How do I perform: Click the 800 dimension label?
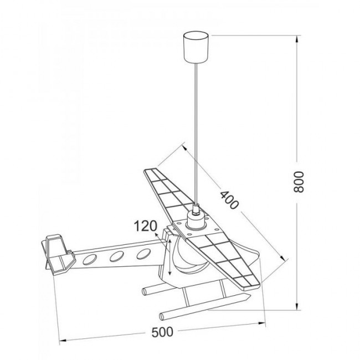[x=299, y=182]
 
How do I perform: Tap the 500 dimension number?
[x=162, y=332]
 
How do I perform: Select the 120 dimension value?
[x=145, y=226]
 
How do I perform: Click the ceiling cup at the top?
[x=196, y=48]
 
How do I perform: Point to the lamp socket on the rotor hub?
[x=196, y=218]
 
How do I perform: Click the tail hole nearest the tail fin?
[x=90, y=259]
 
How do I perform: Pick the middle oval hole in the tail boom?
[x=117, y=256]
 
